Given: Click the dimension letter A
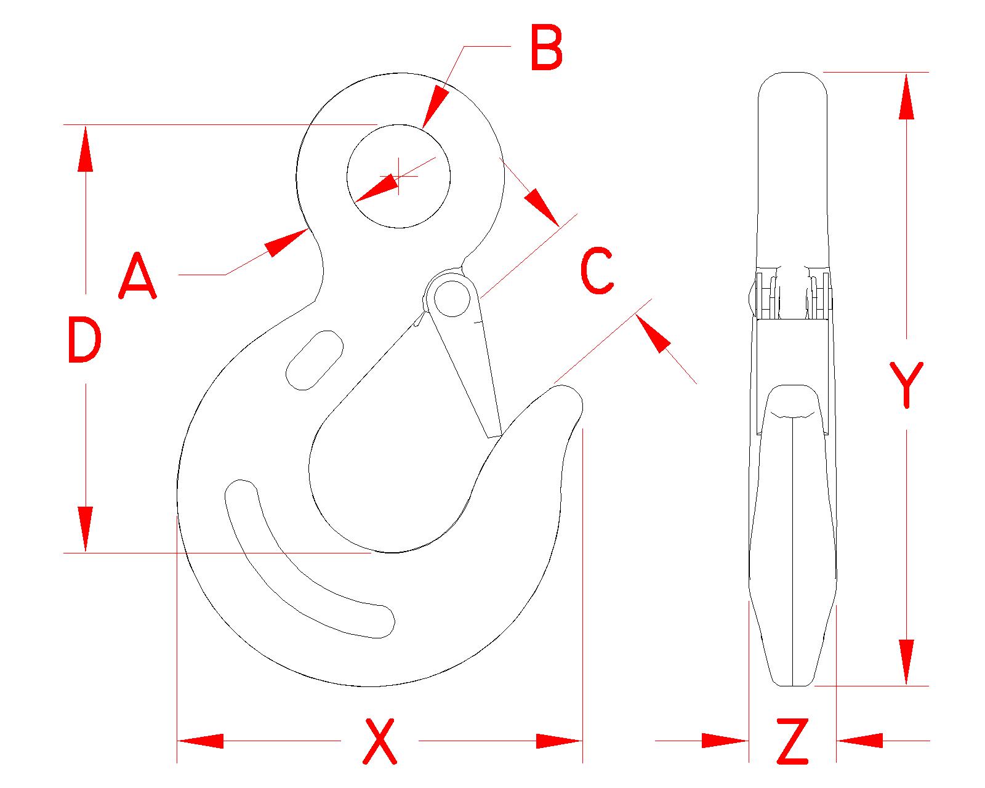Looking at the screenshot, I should pos(137,278).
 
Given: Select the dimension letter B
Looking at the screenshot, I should pos(547,49).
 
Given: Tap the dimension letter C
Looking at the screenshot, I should pos(597,270).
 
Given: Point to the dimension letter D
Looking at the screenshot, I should pos(83,339).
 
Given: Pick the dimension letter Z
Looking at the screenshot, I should pos(792,741).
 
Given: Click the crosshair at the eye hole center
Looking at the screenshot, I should pos(399,177).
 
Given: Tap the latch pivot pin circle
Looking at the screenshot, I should pos(452,298).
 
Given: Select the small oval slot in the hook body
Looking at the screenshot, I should pos(314,360).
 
